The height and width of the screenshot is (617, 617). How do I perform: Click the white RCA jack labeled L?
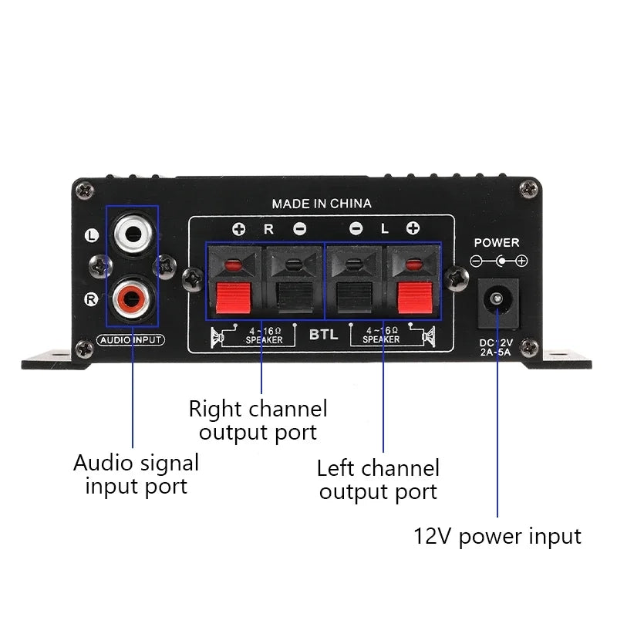click(132, 231)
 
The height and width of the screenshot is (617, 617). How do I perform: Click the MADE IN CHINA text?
click(322, 204)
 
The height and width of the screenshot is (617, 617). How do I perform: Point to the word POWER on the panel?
click(497, 242)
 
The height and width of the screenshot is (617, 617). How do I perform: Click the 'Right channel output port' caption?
click(258, 420)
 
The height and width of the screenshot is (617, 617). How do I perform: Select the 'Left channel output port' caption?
click(378, 479)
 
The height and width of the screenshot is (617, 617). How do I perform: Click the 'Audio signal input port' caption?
click(136, 474)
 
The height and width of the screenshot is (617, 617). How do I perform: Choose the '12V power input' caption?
click(497, 536)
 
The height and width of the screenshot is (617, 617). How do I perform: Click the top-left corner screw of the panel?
click(86, 186)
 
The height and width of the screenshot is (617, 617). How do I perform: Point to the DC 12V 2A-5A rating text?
click(497, 347)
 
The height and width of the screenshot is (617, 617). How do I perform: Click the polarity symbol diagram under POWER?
click(499, 261)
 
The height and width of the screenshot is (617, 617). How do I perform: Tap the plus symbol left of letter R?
click(239, 228)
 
